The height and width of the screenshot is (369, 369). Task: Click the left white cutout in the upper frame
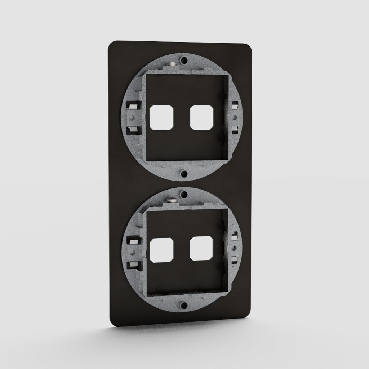pos(162,117)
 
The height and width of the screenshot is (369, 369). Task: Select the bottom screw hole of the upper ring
pos(184,174)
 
